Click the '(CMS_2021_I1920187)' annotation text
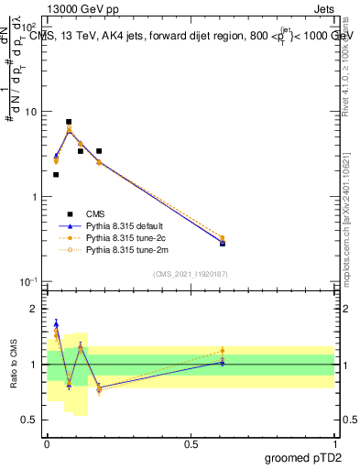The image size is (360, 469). tap(190, 274)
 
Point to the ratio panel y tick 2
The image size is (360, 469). tap(35, 309)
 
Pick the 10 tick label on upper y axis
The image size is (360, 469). tap(30, 112)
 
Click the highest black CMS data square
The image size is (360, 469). tap(69, 122)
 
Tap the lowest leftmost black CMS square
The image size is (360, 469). tap(56, 174)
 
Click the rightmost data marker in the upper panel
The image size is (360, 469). tap(223, 243)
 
